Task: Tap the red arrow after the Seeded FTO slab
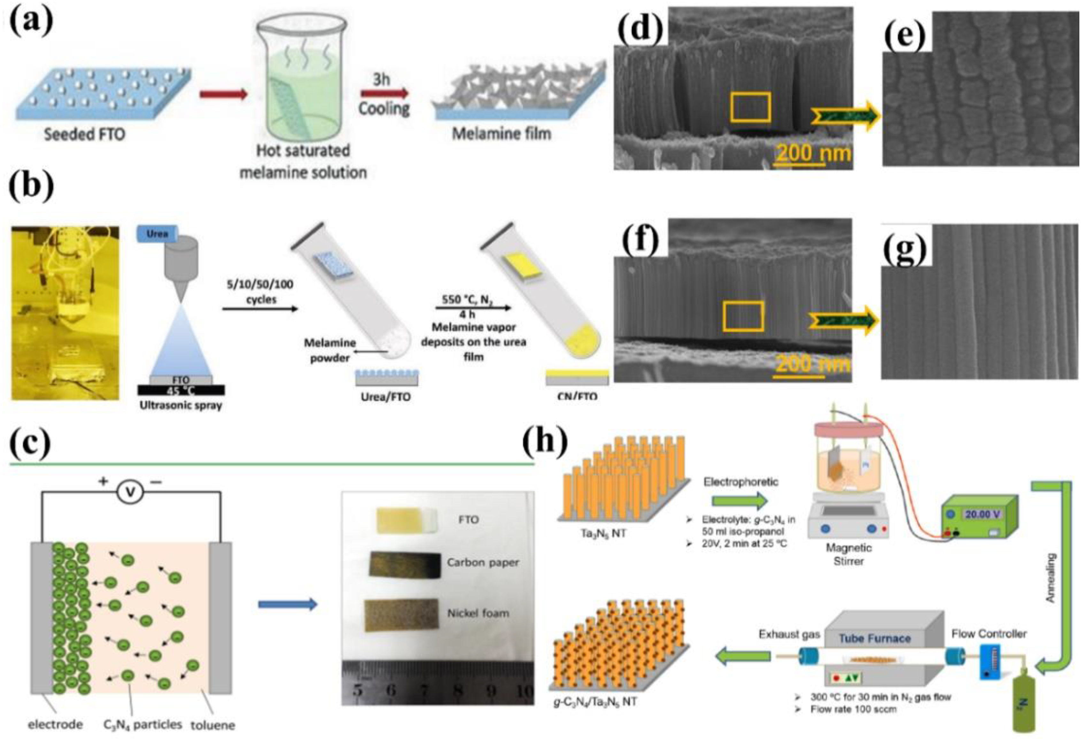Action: click(223, 94)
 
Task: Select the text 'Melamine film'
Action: click(501, 134)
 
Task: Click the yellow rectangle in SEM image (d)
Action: click(750, 107)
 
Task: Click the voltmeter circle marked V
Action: click(130, 493)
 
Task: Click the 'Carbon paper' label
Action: click(483, 563)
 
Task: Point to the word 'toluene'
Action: click(212, 725)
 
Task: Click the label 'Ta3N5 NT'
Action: click(603, 533)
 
